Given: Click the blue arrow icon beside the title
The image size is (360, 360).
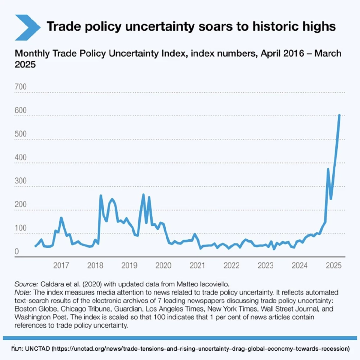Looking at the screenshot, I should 27,27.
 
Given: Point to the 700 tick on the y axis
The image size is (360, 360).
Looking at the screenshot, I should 20,87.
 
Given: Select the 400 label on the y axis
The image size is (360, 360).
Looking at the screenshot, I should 20,157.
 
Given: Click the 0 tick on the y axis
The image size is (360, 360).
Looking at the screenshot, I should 17,252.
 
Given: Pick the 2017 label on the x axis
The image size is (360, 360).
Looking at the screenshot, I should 61,265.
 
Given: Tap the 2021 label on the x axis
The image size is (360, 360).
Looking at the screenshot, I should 197,265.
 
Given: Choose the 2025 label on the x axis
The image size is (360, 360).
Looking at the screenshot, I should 333,265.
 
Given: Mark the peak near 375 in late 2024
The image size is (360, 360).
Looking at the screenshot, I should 328,169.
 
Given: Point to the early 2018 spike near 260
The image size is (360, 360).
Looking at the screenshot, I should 100,195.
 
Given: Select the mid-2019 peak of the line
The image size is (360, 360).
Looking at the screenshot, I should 143,195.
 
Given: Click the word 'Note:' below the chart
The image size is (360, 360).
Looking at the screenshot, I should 22,292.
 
